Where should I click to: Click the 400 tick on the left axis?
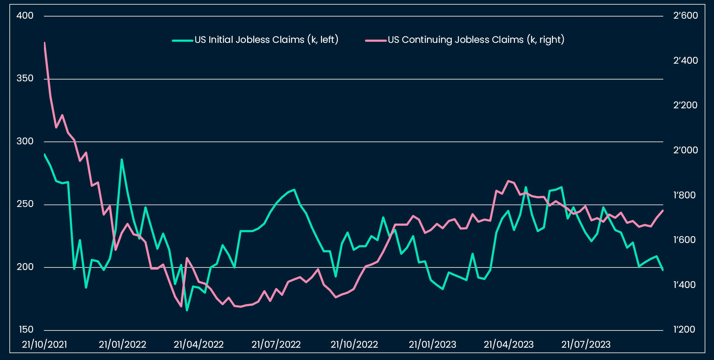pyautogui.click(x=25, y=16)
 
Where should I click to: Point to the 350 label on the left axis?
pyautogui.click(x=25, y=78)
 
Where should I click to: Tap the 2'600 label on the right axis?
pyautogui.click(x=686, y=16)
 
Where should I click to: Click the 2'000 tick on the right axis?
pyautogui.click(x=686, y=150)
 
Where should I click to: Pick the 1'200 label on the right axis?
pyautogui.click(x=684, y=329)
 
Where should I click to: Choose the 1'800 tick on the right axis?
pyautogui.click(x=684, y=195)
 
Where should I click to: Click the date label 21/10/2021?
pyautogui.click(x=45, y=345)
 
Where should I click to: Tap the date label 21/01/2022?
pyautogui.click(x=122, y=345)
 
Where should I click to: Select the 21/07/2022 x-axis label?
pyautogui.click(x=276, y=345)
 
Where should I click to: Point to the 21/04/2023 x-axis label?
pyautogui.click(x=509, y=345)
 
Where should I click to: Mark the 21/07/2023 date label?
pyautogui.click(x=586, y=345)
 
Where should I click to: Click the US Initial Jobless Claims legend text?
pyautogui.click(x=267, y=40)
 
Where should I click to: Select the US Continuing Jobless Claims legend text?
pyautogui.click(x=476, y=40)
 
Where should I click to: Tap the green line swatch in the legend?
pyautogui.click(x=183, y=40)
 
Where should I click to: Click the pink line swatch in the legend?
pyautogui.click(x=376, y=40)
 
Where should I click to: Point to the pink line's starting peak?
pyautogui.click(x=44, y=42)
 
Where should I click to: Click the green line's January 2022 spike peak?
pyautogui.click(x=122, y=159)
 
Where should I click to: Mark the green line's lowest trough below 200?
pyautogui.click(x=187, y=310)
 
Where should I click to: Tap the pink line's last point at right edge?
pyautogui.click(x=663, y=211)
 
